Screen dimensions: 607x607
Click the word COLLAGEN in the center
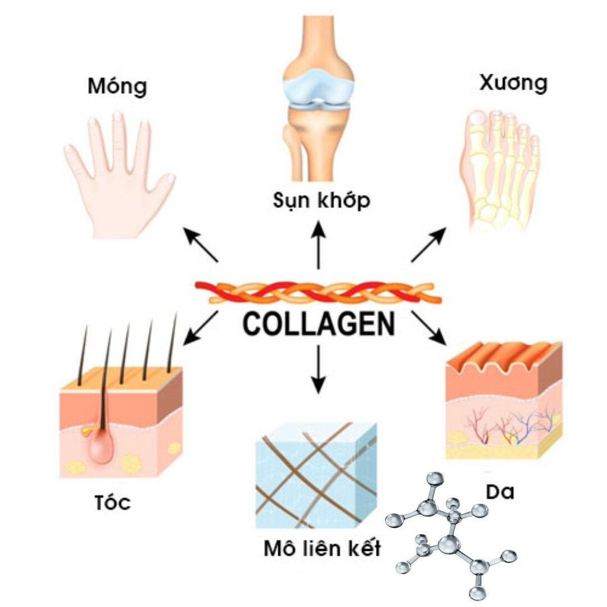[x=319, y=324]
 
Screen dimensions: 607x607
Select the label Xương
[x=513, y=83]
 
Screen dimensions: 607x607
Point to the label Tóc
[x=112, y=502]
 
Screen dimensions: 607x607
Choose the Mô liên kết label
[x=322, y=548]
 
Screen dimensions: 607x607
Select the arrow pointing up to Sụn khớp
[x=319, y=244]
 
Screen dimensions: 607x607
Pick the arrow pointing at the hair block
[x=201, y=326]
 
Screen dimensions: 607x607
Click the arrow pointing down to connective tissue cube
[x=318, y=368]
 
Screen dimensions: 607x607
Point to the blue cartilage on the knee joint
[x=319, y=90]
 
